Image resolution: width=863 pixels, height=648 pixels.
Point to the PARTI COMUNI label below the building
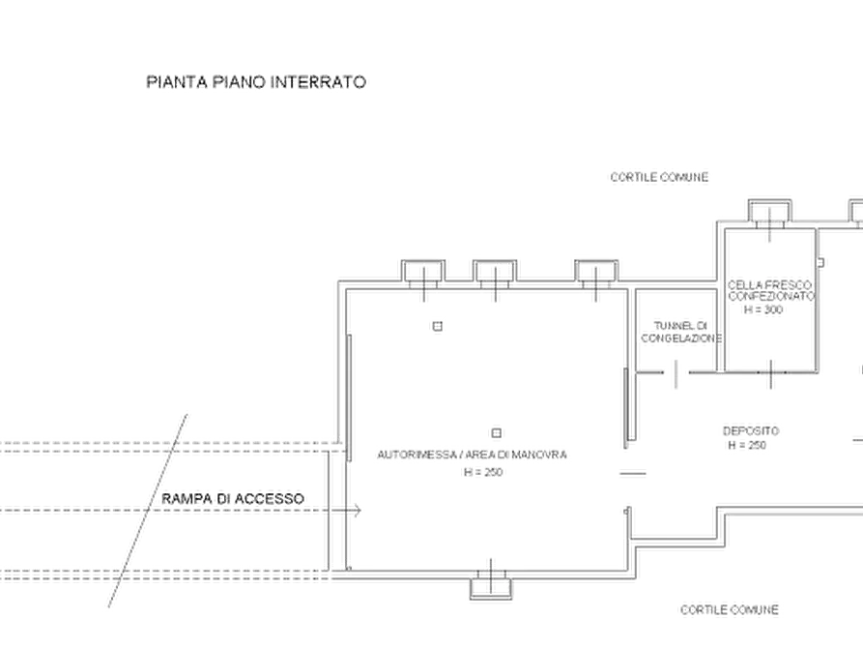tap(729, 609)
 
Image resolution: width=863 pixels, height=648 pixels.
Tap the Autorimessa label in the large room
tap(472, 453)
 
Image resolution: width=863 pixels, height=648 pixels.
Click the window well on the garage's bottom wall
tap(492, 585)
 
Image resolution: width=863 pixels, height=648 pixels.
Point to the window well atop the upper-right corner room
tap(768, 213)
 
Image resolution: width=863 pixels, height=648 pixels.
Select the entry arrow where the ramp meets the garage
tap(355, 509)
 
